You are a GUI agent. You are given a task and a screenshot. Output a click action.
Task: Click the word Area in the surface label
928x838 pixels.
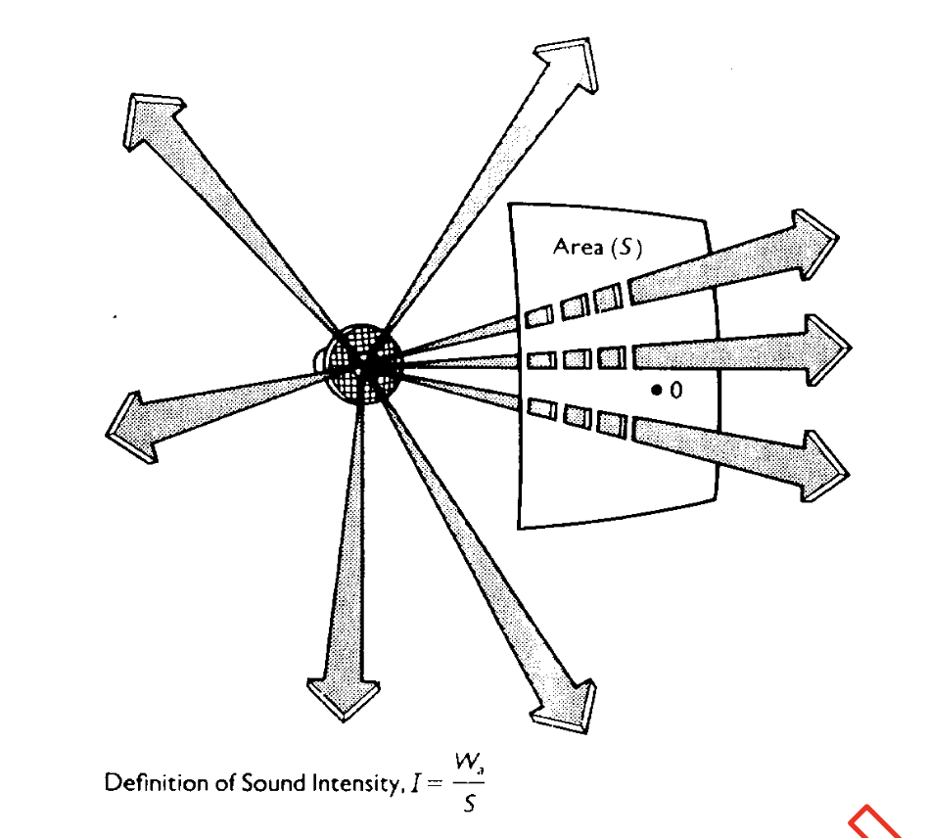[x=579, y=247]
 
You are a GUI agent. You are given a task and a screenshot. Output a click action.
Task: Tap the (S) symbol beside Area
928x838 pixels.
[x=626, y=248]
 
